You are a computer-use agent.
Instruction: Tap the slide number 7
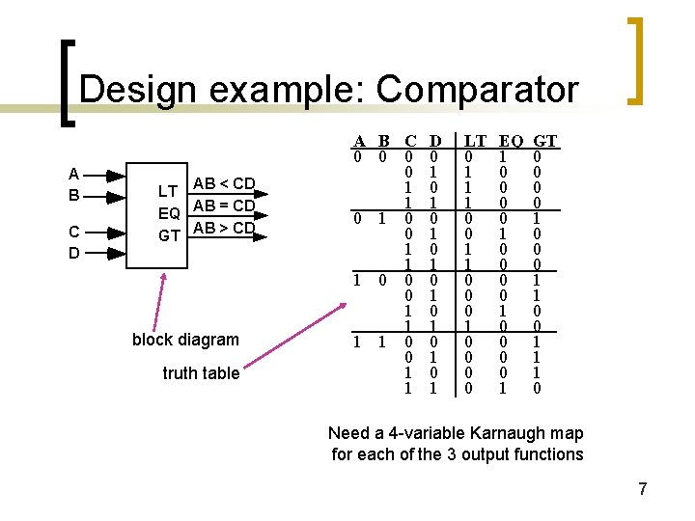tap(643, 489)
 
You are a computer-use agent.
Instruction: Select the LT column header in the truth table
tap(474, 142)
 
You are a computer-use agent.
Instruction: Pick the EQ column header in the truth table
tap(510, 142)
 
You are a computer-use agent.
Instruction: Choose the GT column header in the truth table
tap(545, 142)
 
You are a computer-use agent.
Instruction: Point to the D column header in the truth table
tap(434, 142)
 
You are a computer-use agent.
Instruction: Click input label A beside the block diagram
tap(74, 175)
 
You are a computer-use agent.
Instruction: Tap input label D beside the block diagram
tap(74, 253)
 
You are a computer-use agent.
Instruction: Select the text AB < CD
tap(224, 183)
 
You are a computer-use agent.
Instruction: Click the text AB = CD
tap(224, 206)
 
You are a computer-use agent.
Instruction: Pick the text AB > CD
tap(224, 229)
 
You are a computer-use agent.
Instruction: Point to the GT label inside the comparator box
tap(169, 234)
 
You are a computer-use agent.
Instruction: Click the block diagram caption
tap(185, 340)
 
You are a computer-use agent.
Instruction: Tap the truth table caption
tap(201, 373)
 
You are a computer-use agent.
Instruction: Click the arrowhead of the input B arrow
tap(117, 196)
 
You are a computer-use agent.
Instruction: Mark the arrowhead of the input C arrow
tap(117, 233)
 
